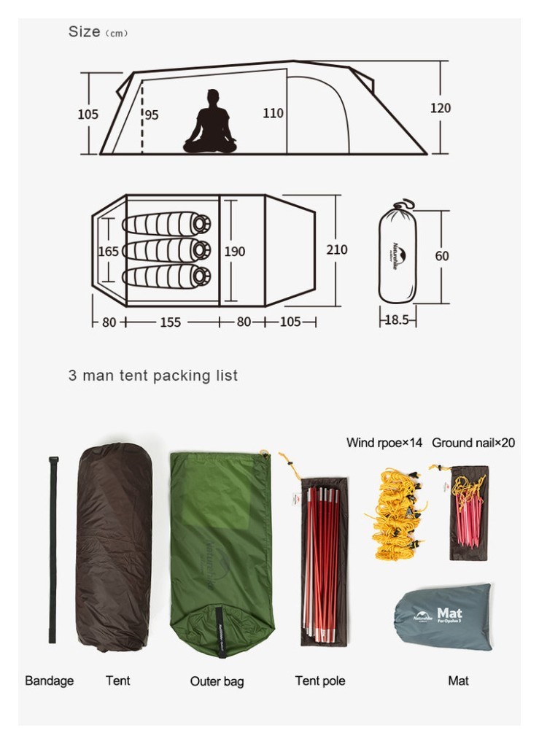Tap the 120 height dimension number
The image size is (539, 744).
coord(441,108)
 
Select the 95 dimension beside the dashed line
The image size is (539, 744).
coord(152,115)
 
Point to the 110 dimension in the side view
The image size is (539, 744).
coord(273,113)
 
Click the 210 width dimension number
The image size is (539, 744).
coord(337,249)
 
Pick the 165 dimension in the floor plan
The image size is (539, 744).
coord(108,252)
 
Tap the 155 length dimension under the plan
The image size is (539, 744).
coord(170,322)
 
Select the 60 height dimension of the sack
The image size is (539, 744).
coord(442,256)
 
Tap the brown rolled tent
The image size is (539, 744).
coord(115,547)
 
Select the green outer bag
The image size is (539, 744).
coord(221,551)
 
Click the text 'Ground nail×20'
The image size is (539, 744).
coord(473,443)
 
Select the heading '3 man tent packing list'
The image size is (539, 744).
coord(153,376)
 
